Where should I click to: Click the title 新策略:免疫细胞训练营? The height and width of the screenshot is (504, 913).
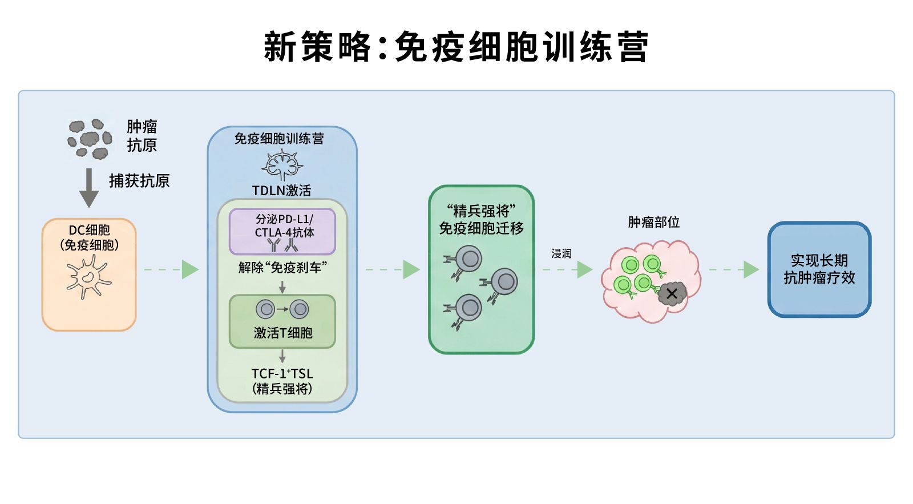click(456, 47)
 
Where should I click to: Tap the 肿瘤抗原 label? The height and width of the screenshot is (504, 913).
click(142, 136)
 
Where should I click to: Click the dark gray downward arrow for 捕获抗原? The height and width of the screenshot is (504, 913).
click(88, 187)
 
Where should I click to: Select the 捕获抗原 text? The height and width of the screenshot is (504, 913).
click(139, 181)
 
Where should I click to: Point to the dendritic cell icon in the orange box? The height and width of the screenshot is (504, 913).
click(88, 276)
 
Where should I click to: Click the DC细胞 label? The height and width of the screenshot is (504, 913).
click(89, 237)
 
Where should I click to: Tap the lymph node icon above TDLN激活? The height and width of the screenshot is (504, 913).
click(282, 166)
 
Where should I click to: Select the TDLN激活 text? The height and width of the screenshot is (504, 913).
click(282, 191)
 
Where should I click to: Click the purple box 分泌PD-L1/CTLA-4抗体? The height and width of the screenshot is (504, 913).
click(282, 231)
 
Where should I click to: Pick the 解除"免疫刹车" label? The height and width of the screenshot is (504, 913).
click(282, 267)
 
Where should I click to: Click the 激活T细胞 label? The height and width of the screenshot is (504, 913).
click(282, 333)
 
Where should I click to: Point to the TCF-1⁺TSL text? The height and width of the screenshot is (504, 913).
click(282, 374)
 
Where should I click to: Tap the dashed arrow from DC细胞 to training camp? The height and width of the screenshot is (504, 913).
click(171, 269)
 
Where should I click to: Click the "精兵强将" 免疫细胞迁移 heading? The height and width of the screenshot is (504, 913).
click(481, 220)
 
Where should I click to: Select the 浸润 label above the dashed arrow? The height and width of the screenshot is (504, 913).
click(561, 253)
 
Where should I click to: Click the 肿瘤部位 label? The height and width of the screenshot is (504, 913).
click(653, 222)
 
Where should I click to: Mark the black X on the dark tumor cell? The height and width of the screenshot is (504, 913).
click(672, 294)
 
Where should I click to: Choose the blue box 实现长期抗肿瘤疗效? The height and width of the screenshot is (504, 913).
click(819, 269)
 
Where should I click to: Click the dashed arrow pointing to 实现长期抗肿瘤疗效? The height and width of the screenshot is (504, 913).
click(734, 269)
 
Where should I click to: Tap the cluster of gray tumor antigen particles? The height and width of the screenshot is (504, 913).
click(90, 139)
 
